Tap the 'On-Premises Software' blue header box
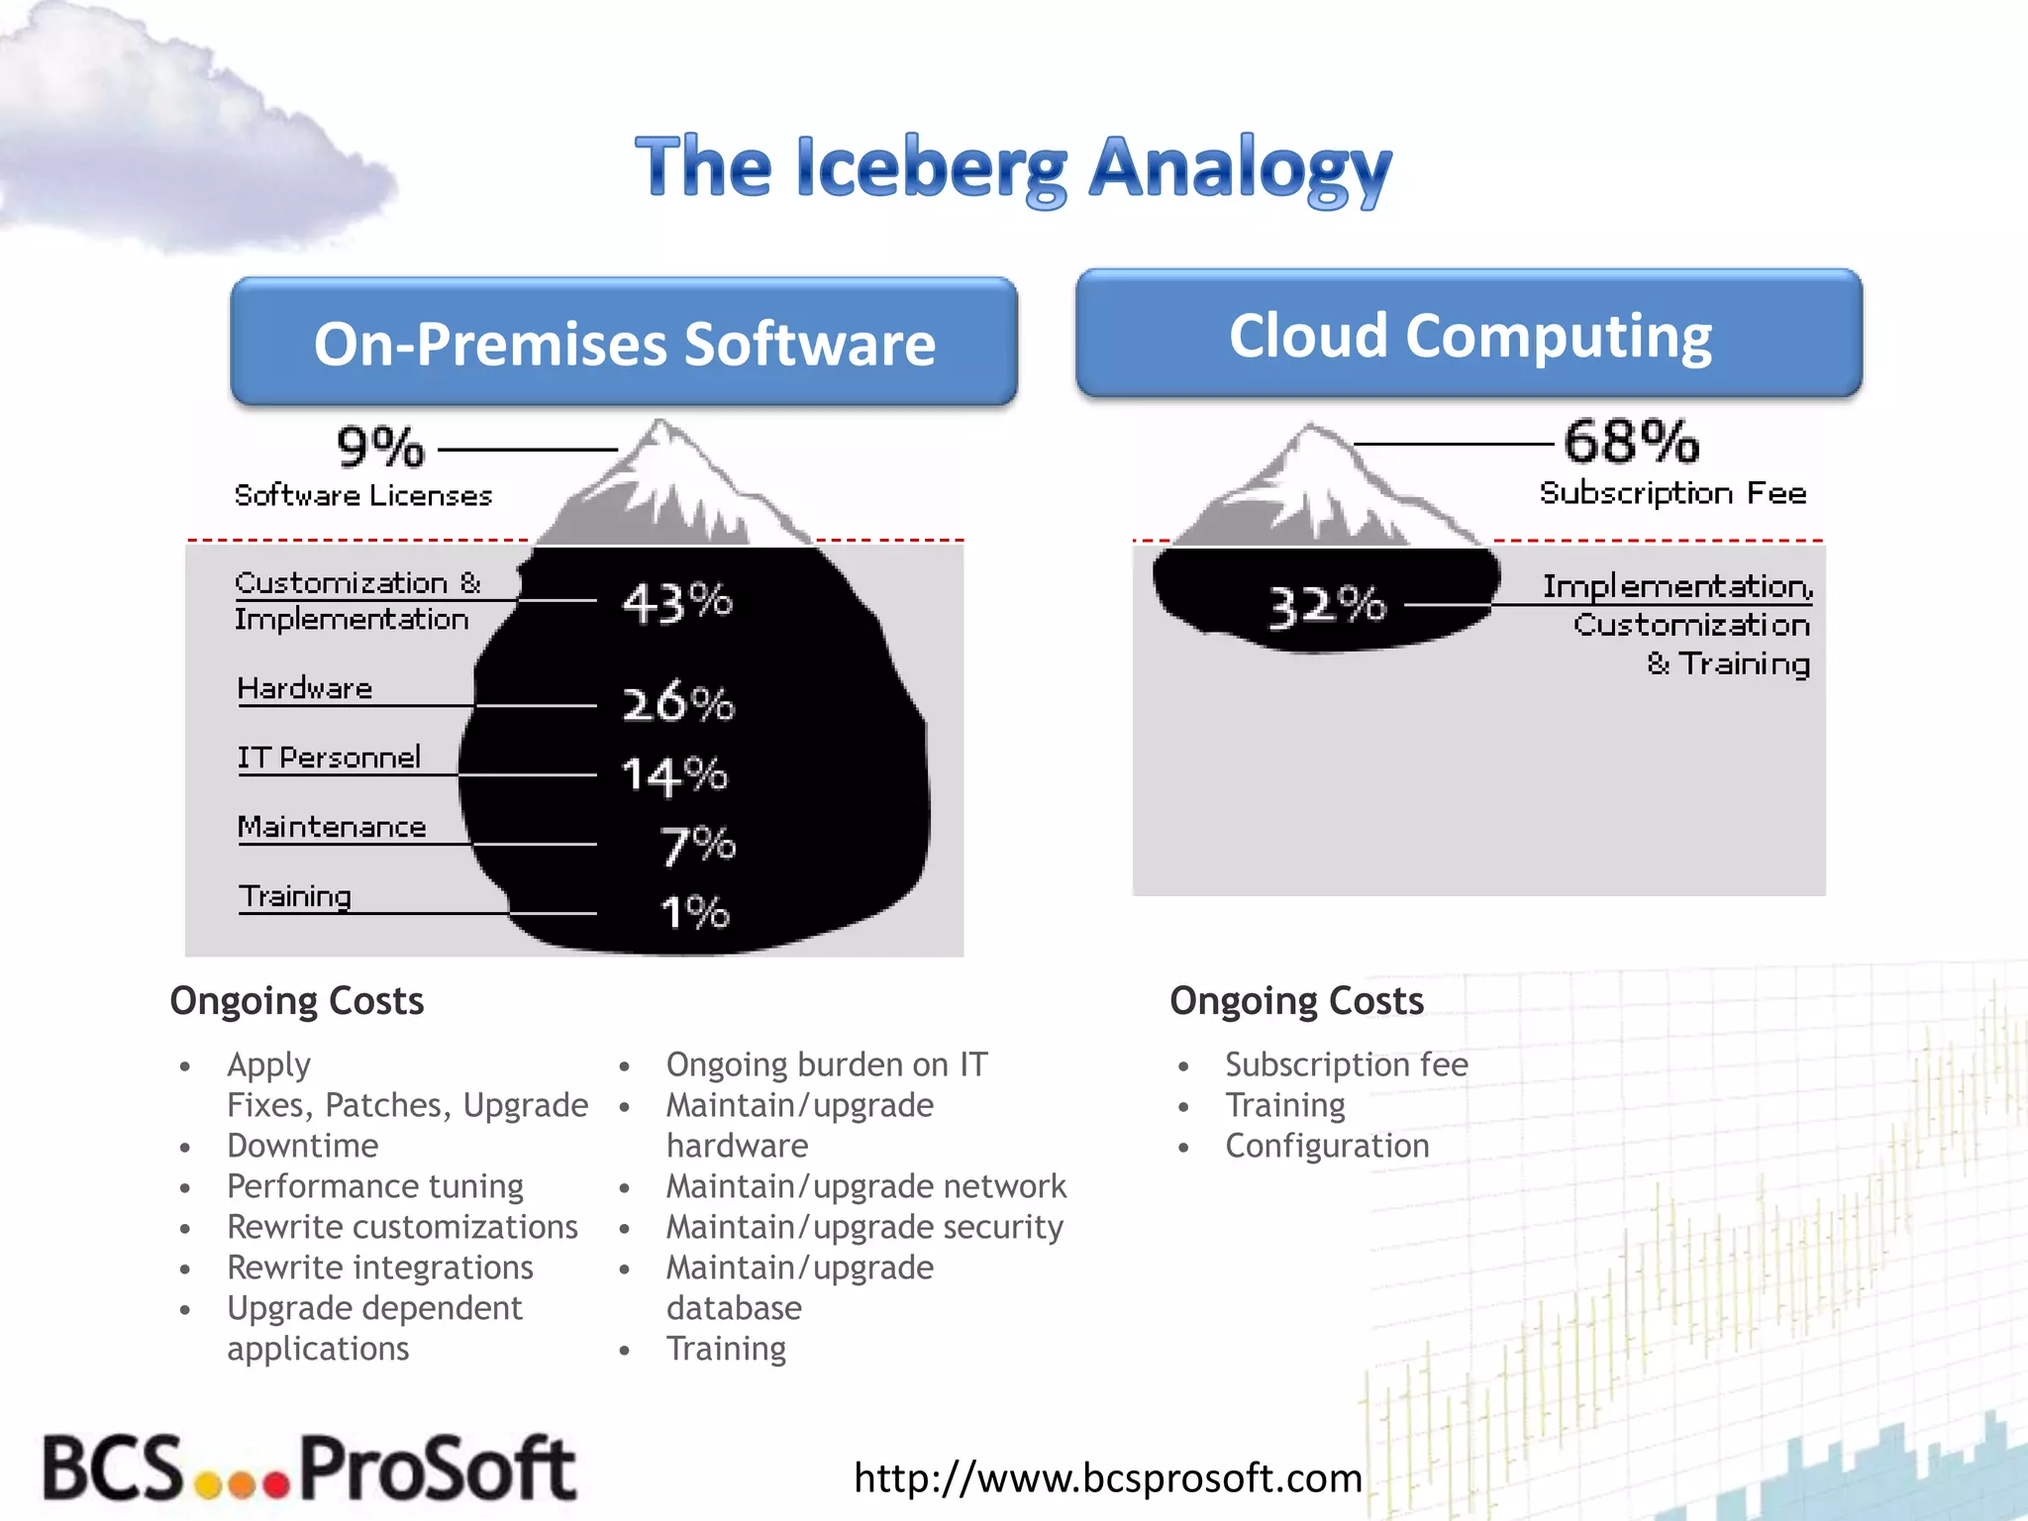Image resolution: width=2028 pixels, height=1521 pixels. point(624,343)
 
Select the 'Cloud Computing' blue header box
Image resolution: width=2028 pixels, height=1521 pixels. point(1470,335)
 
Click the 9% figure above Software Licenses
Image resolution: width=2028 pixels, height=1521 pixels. point(380,448)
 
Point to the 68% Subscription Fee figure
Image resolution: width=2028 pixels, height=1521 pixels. point(1631,442)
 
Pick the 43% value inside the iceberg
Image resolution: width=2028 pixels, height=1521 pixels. point(677,602)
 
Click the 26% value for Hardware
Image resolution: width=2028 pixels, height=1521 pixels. point(678,703)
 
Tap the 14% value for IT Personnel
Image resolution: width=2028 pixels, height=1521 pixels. point(674,775)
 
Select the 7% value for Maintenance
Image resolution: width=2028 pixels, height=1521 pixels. point(697,846)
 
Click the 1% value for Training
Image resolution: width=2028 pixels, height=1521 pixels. point(695,912)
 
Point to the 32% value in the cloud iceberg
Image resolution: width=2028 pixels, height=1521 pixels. point(1327,605)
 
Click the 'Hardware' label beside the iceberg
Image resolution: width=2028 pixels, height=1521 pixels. point(305,688)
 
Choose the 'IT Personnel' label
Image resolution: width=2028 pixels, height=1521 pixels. point(329,758)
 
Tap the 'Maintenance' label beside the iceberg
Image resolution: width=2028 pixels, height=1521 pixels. point(332,827)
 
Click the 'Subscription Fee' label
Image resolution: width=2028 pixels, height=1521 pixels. point(1673,493)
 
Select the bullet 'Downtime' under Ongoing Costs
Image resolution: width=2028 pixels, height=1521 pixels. point(303,1146)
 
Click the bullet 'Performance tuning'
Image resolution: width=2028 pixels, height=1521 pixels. point(375,1186)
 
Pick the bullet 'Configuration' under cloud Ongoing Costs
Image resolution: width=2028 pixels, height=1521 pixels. point(1327,1146)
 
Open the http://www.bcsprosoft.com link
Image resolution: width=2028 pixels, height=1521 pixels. point(1108,1477)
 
